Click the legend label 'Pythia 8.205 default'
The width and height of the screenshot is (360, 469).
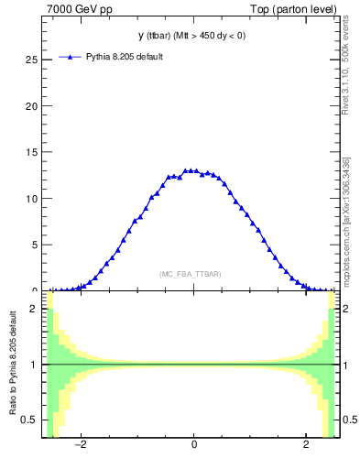[x=124, y=57]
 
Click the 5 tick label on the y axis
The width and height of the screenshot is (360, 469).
[x=34, y=245]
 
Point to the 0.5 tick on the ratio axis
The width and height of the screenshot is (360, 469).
[x=30, y=420]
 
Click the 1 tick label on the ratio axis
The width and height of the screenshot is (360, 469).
[x=35, y=365]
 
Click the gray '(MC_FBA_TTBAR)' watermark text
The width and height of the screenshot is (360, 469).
[x=190, y=274]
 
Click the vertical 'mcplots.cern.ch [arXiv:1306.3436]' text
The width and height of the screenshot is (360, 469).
[x=345, y=220]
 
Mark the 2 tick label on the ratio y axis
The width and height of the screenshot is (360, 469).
[x=35, y=310]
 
